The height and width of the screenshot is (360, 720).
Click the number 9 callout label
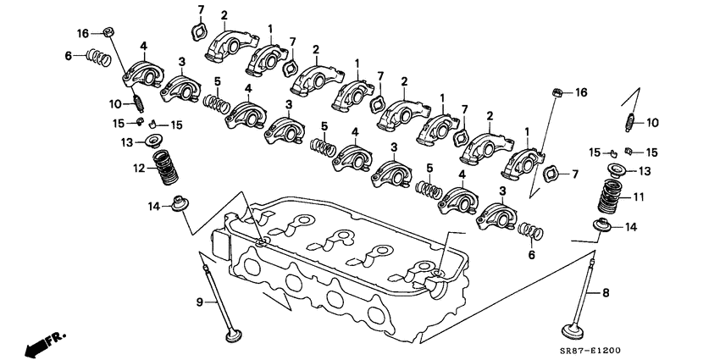(x=201, y=302)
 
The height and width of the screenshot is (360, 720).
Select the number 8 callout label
(x=606, y=293)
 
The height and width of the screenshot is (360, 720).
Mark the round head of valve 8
(x=568, y=331)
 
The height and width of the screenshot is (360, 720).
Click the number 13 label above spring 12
(x=127, y=141)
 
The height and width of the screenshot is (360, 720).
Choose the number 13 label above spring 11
(x=644, y=171)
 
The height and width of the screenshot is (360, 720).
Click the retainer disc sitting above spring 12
(x=156, y=141)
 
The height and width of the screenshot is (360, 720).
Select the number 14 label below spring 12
(x=152, y=205)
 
